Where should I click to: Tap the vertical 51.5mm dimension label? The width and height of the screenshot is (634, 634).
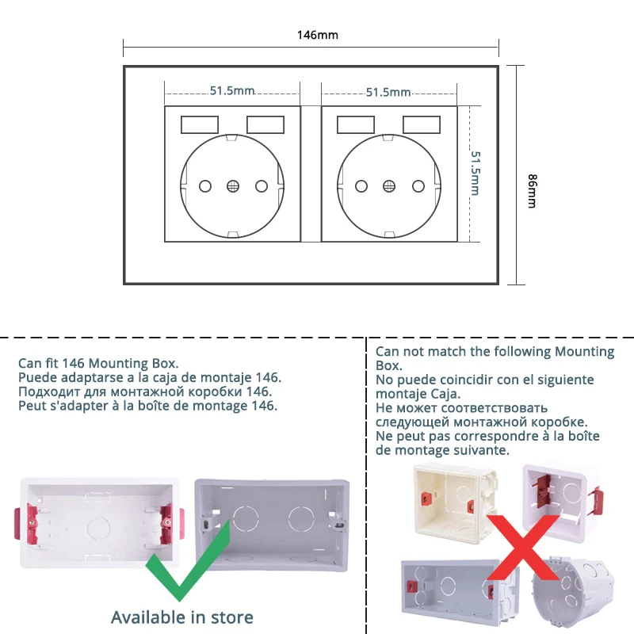(x=476, y=173)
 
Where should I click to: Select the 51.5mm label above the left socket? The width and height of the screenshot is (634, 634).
(x=232, y=91)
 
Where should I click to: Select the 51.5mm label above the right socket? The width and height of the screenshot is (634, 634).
(x=388, y=92)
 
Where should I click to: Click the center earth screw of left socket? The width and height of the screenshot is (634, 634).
(x=233, y=186)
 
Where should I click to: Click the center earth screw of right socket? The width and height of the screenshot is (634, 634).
(x=389, y=186)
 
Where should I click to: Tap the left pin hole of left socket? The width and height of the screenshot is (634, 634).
(x=205, y=186)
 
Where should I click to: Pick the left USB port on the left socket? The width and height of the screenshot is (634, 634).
(x=198, y=124)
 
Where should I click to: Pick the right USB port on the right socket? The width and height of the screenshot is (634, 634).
(x=422, y=124)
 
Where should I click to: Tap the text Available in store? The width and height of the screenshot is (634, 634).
(x=182, y=617)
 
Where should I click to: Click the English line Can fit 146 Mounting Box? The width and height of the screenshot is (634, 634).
(x=98, y=364)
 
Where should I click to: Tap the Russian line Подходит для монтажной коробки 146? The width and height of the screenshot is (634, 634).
(x=145, y=391)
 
